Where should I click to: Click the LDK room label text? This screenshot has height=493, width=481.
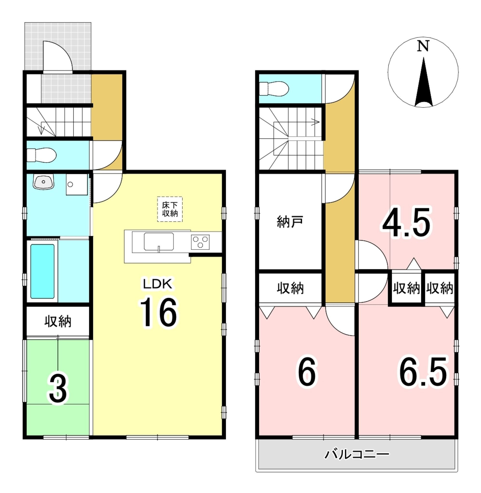point(158,284)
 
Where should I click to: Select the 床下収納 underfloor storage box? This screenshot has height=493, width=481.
point(170,209)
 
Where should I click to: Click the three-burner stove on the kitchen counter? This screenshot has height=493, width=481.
point(200,242)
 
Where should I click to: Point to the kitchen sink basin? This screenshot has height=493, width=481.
point(159,242)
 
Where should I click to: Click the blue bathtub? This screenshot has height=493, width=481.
point(42,271)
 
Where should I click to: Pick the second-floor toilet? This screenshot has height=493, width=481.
point(274,89)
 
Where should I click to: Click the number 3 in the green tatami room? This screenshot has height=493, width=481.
point(58,389)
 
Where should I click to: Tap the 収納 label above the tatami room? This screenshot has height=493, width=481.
point(58,322)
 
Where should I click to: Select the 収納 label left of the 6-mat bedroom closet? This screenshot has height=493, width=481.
point(290,288)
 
